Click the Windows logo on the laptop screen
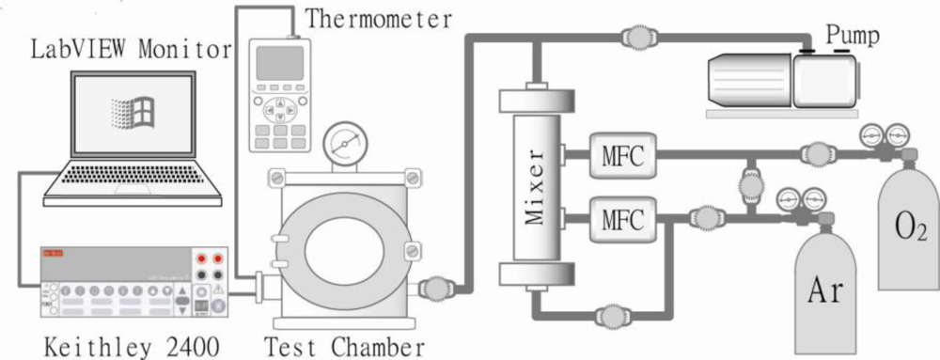[x=131, y=115]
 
